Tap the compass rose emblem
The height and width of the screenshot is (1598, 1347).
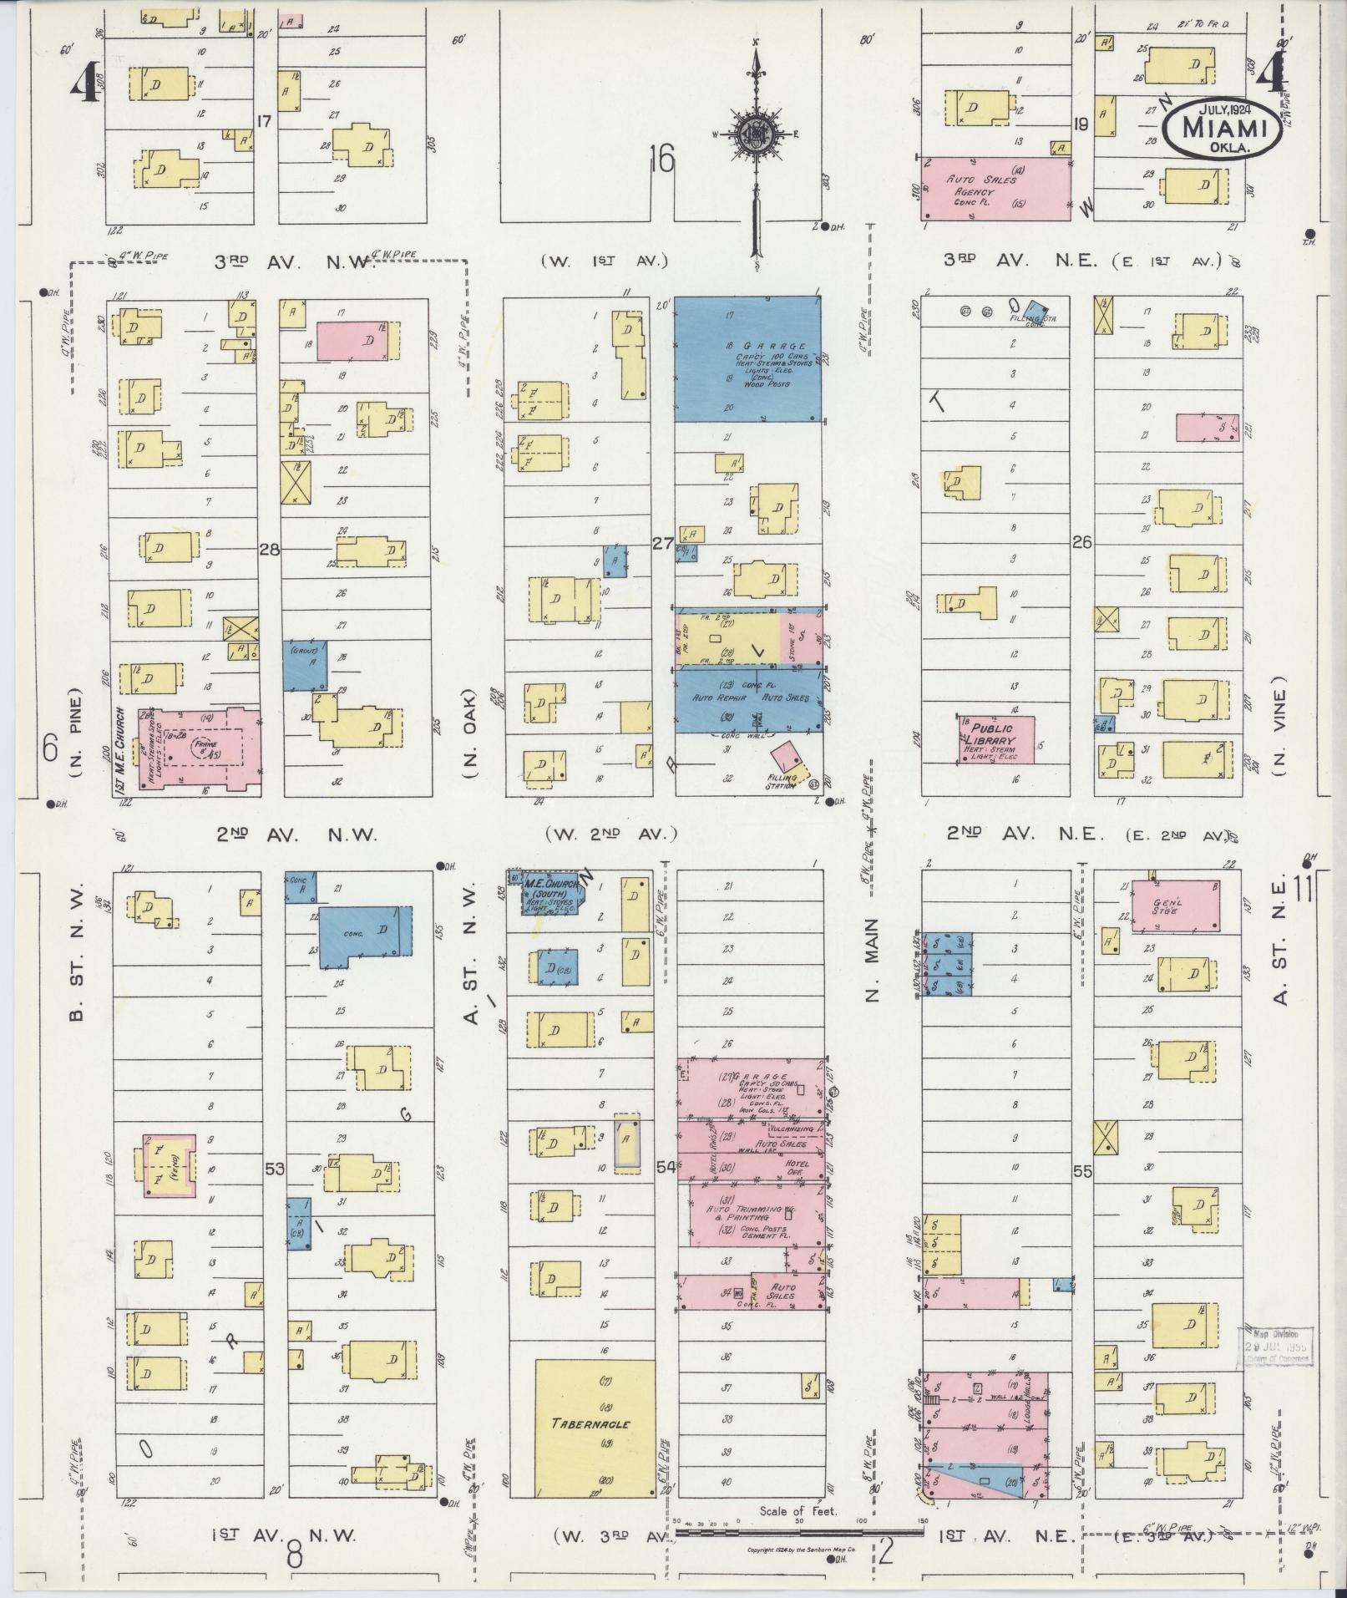tap(757, 134)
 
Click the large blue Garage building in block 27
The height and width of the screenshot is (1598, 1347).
tap(747, 358)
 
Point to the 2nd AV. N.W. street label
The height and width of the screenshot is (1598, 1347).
tap(297, 834)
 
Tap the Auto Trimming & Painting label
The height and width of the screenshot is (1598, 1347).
tap(744, 1213)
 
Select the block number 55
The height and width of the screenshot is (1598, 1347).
tap(1082, 1172)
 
